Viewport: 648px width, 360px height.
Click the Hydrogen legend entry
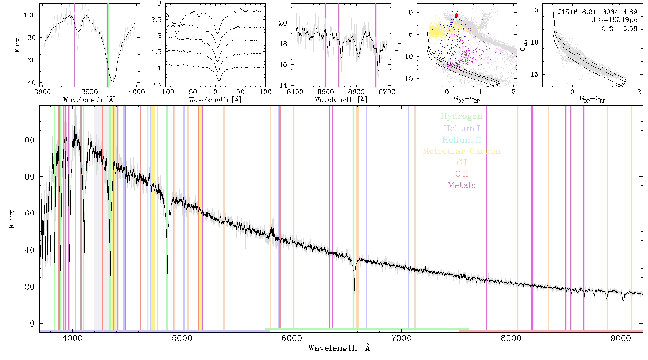point(461,117)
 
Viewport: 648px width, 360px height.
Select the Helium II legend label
point(462,140)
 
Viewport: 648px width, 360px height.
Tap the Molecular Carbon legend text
point(462,151)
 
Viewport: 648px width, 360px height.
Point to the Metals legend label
point(462,185)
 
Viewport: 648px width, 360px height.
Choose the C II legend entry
point(462,174)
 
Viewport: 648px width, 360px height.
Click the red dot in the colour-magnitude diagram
point(456,15)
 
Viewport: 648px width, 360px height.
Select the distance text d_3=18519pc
point(614,20)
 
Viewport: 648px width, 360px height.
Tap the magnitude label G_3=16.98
point(619,29)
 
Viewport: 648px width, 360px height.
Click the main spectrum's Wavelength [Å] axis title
point(341,348)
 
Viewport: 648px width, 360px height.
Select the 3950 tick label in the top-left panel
point(89,91)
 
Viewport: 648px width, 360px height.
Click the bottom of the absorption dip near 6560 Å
point(354,291)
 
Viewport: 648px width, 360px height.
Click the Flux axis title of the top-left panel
point(17,45)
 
